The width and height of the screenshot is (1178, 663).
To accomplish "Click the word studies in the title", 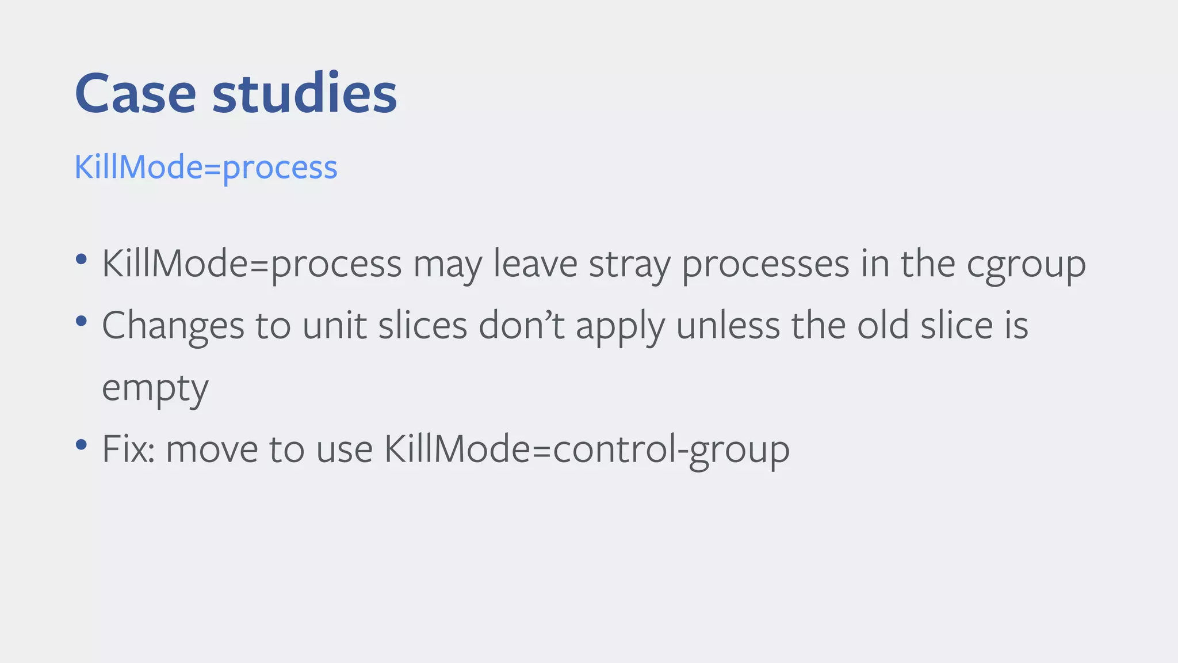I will [x=304, y=93].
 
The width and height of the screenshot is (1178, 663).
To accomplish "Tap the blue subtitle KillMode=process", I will [x=206, y=167].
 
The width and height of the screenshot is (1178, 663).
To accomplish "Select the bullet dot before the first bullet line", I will [x=81, y=258].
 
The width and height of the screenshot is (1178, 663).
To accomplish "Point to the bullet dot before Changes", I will [x=81, y=321].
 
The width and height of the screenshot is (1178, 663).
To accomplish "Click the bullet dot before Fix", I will [x=81, y=444].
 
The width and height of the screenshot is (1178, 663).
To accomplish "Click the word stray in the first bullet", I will [x=629, y=265].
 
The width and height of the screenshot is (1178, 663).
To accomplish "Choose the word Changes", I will [x=173, y=326].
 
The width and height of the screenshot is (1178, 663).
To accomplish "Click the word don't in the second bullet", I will [x=521, y=325].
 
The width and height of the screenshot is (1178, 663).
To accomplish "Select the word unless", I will [x=727, y=325].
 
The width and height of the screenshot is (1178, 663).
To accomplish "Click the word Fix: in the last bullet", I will [x=128, y=449].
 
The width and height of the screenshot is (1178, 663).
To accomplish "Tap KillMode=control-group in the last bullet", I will [x=587, y=449].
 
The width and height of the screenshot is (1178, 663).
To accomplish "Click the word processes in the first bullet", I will [x=765, y=265].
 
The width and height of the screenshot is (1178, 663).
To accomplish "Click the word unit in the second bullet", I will [x=334, y=325].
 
